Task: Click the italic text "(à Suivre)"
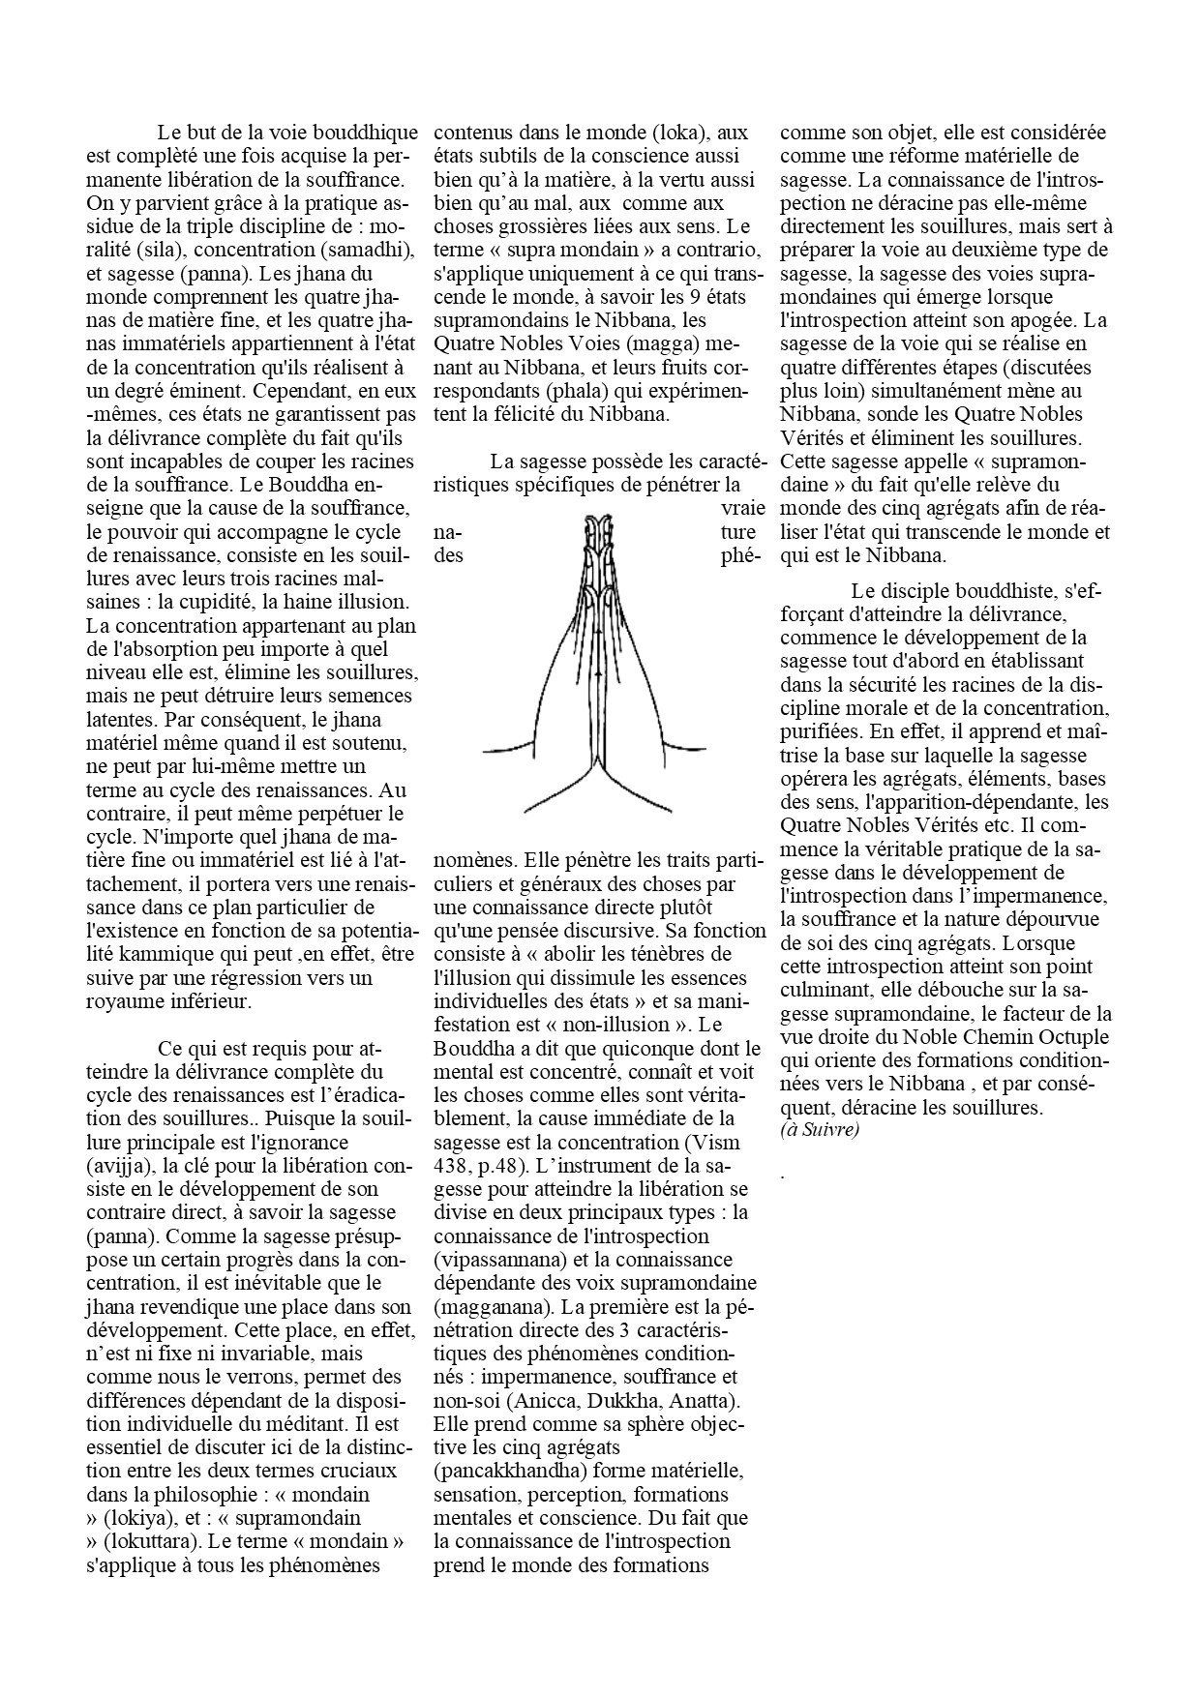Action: (819, 1128)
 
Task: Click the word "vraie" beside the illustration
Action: (742, 508)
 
